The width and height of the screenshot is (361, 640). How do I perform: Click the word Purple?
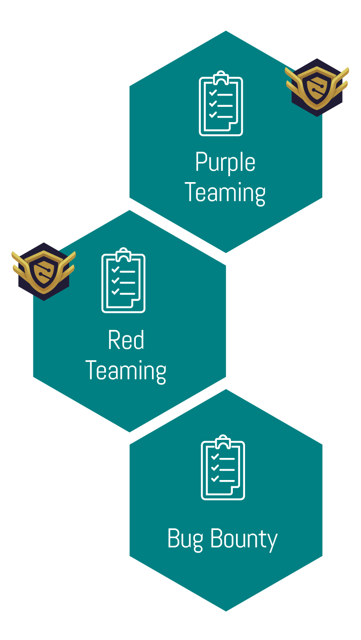225,163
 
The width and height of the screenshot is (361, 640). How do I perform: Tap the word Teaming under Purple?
225,192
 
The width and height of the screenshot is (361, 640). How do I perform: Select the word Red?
126,341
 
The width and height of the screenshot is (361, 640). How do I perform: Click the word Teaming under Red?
126,370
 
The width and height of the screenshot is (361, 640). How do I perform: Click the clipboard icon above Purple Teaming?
221,104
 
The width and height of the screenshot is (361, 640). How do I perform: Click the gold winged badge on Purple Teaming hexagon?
317,87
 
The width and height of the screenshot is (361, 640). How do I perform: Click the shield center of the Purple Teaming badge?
317,88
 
